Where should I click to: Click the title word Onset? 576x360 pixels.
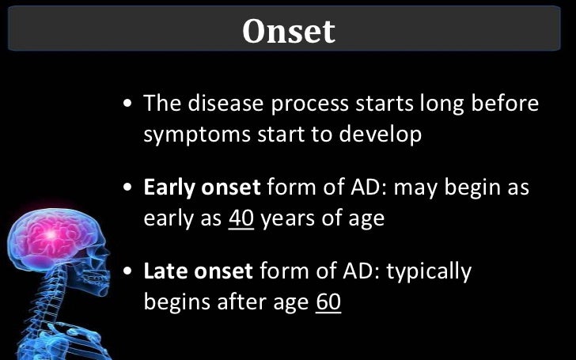[288, 31]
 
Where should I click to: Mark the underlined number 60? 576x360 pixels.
[328, 302]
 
